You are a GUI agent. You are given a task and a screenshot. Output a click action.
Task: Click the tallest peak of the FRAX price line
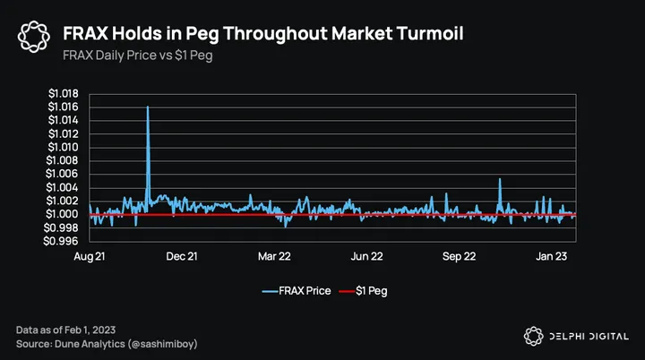(148, 107)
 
